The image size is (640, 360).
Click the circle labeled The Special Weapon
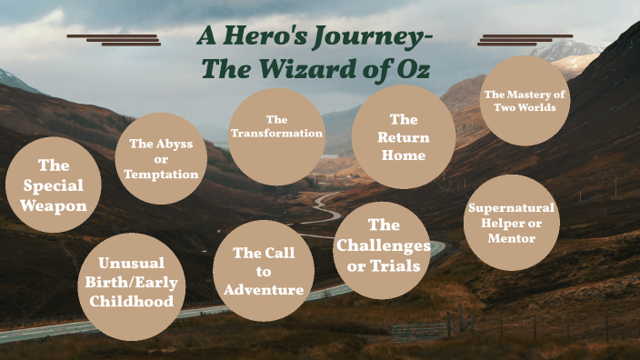(x=53, y=185)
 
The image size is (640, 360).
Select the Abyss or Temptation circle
(x=162, y=158)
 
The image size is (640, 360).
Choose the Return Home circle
(x=404, y=136)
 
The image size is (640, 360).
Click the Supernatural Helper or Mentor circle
(x=511, y=223)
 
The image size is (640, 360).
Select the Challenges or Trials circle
(x=383, y=250)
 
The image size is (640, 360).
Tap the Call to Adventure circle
(x=264, y=270)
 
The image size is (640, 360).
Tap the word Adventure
(x=264, y=290)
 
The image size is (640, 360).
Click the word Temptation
(x=162, y=174)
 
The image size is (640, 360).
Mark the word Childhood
(x=133, y=301)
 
